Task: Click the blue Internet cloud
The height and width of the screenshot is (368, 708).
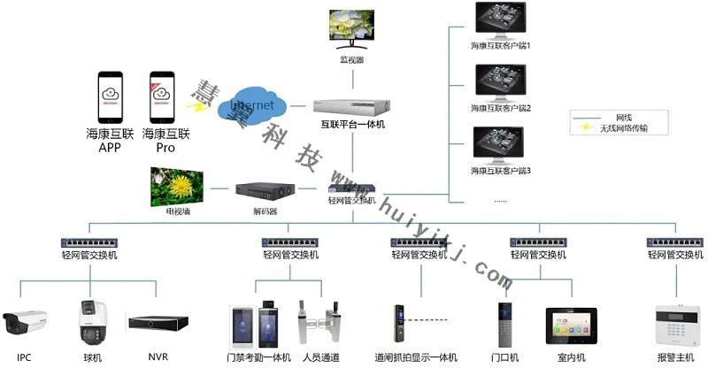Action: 256,106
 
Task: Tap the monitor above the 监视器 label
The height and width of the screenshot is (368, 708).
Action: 351,28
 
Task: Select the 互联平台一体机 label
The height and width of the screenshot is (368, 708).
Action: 352,125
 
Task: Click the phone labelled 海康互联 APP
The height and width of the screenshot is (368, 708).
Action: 110,98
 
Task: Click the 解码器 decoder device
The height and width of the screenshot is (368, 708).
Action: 264,192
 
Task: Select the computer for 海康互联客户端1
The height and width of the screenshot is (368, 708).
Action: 501,19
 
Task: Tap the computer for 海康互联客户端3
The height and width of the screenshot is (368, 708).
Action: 501,145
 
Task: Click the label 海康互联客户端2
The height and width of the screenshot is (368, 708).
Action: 501,108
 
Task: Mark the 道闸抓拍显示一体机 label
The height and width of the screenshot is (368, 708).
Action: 415,357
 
